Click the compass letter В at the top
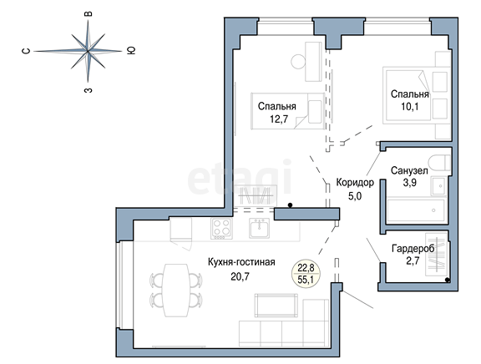[x=89, y=14]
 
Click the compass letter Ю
[x=131, y=50]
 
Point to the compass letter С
[x=27, y=51]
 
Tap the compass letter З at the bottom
[x=89, y=90]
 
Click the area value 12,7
[x=279, y=119]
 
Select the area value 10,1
[x=409, y=107]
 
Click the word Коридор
[x=355, y=183]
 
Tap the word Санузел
[x=409, y=170]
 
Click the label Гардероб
[x=413, y=249]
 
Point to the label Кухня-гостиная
[x=241, y=262]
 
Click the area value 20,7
[x=240, y=276]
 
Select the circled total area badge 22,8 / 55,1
[x=306, y=274]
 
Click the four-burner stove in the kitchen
[x=221, y=229]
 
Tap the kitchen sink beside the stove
[x=259, y=228]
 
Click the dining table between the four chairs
[x=176, y=290]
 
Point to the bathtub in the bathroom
[x=416, y=210]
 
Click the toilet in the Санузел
[x=440, y=163]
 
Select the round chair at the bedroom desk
[x=298, y=61]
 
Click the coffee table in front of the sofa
[x=276, y=305]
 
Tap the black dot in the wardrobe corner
[x=448, y=280]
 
